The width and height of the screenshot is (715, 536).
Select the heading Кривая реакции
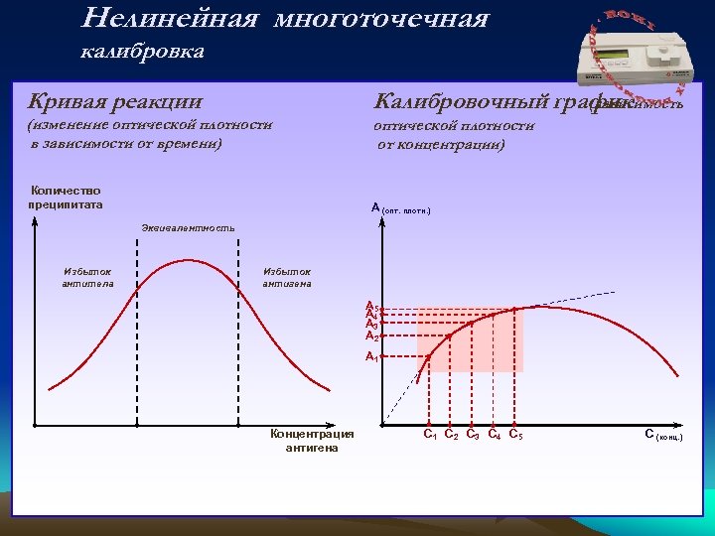click(115, 101)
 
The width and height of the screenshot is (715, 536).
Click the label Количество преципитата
click(66, 197)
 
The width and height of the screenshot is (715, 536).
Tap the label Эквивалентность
click(188, 228)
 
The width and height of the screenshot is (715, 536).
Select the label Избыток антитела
click(87, 277)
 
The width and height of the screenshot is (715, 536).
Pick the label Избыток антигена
click(287, 277)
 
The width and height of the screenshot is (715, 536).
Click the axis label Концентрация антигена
click(312, 440)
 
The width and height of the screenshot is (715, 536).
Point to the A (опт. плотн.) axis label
click(400, 208)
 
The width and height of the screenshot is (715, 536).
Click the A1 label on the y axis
click(372, 355)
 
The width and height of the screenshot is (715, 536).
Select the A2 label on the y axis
click(372, 335)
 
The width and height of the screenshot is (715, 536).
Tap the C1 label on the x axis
click(430, 434)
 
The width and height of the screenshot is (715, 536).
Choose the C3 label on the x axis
click(473, 434)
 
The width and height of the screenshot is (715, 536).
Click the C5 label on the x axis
click(515, 434)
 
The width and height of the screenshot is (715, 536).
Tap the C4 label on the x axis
click(494, 434)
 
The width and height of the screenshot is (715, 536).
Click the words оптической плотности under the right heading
click(453, 126)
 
